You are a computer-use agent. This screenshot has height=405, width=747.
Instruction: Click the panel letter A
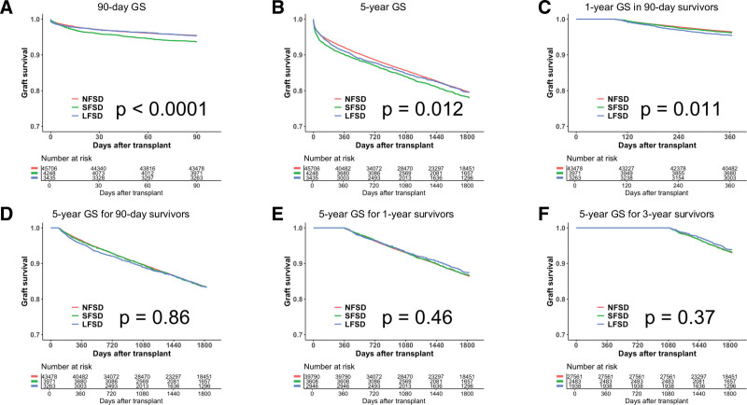[x=7, y=8]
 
